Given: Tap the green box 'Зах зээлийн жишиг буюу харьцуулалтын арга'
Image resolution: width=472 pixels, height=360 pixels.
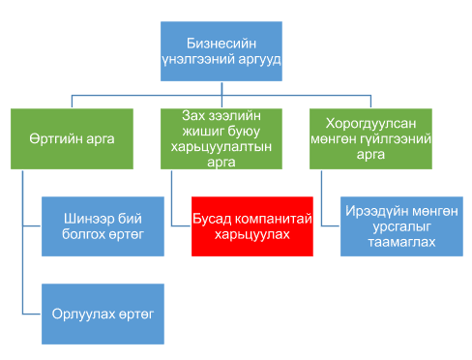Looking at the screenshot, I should pyautogui.click(x=221, y=138).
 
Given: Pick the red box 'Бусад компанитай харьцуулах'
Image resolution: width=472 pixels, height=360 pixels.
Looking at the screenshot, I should pyautogui.click(x=252, y=225).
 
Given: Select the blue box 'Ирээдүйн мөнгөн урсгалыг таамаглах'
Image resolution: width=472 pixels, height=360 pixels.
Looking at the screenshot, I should pyautogui.click(x=399, y=225).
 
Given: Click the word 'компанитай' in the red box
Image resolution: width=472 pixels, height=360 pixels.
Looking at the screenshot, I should pyautogui.click(x=272, y=219).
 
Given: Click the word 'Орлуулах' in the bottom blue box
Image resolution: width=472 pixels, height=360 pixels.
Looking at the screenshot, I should pyautogui.click(x=76, y=314).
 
